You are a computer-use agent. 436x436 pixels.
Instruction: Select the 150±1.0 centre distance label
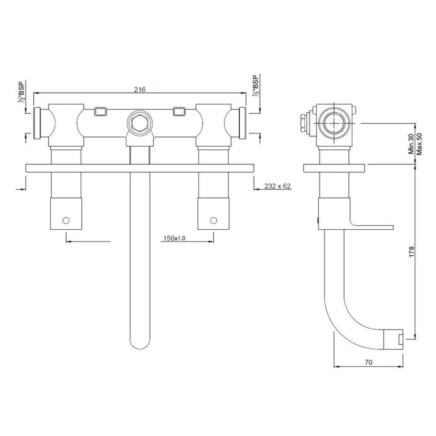click(x=174, y=238)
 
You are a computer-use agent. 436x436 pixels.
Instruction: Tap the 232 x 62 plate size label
click(x=278, y=186)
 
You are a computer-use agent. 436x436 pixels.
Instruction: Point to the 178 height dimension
click(x=411, y=251)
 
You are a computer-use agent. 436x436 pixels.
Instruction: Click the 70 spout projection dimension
click(x=368, y=362)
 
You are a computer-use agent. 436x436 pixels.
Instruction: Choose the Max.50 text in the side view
click(x=419, y=144)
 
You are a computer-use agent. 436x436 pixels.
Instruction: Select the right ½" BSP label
click(x=255, y=86)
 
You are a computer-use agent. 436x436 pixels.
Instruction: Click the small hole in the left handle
click(x=66, y=220)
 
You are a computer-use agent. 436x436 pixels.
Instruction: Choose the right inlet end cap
click(x=243, y=123)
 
